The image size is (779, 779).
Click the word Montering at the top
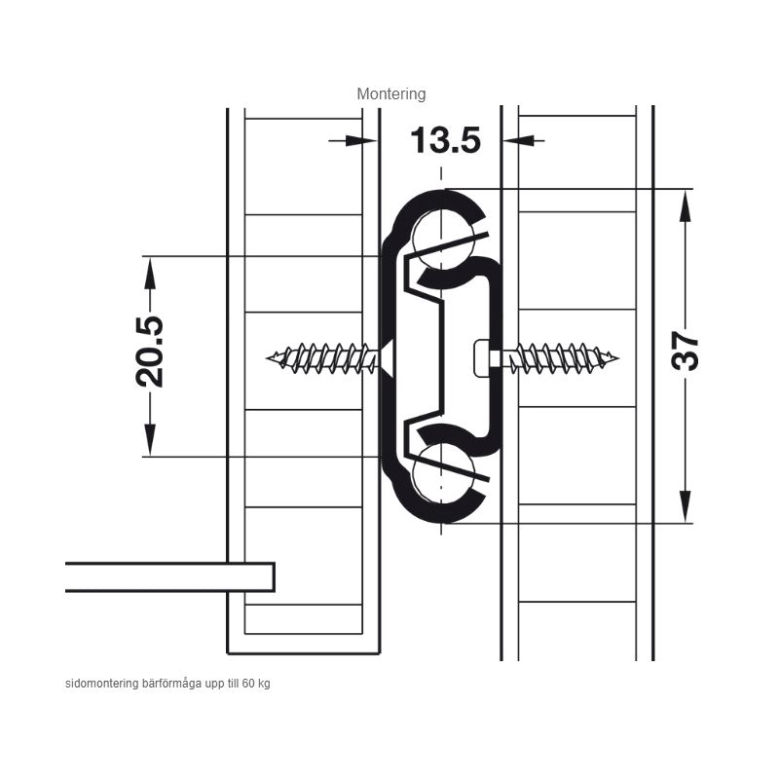[391, 93]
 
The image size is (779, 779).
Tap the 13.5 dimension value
[446, 140]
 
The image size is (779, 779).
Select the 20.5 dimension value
[149, 352]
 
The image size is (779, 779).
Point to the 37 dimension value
[685, 352]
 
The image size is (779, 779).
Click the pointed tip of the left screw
[267, 357]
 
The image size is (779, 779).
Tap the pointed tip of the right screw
[617, 357]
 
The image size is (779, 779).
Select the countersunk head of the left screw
[387, 357]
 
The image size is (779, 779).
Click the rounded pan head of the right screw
[482, 357]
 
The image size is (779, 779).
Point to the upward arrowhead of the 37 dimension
[686, 205]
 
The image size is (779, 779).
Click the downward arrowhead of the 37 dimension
[686, 506]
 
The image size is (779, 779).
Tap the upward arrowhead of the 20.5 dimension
[150, 273]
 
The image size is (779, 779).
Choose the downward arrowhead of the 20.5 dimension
[150, 440]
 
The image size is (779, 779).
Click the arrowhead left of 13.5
[361, 141]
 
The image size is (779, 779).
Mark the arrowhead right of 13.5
[519, 141]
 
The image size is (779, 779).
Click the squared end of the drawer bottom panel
[274, 577]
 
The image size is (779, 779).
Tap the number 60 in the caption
[248, 684]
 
